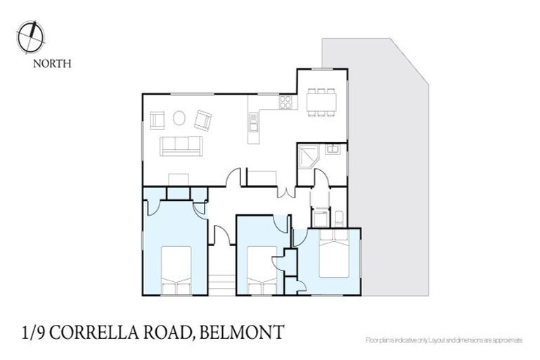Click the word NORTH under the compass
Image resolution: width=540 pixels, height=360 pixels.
click(x=51, y=63)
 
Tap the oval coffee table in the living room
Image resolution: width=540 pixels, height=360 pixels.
click(x=180, y=118)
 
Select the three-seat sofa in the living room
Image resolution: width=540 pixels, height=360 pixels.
click(x=181, y=146)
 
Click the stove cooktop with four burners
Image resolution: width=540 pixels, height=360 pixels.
click(x=285, y=103)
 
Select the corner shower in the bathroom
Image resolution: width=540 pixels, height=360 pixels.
click(x=308, y=156)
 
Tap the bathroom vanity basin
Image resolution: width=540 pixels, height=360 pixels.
click(x=333, y=149)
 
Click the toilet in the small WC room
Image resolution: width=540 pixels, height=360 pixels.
click(x=337, y=217)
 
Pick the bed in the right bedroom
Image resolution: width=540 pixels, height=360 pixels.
click(x=333, y=257)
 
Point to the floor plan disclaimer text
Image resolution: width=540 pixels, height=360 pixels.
click(x=444, y=340)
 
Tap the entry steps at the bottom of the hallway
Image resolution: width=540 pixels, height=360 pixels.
click(x=222, y=284)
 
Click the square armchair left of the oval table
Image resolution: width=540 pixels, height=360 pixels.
click(x=157, y=119)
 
